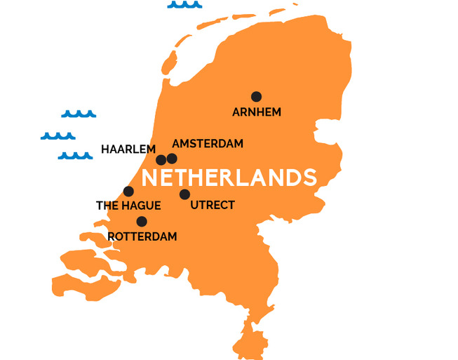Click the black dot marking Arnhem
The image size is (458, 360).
click(256, 97)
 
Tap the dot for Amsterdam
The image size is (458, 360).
click(172, 159)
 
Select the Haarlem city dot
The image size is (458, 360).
click(161, 160)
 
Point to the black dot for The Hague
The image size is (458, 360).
click(128, 192)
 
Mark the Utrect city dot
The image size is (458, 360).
click(184, 194)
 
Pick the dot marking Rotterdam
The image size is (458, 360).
click(142, 222)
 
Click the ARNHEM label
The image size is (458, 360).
click(256, 112)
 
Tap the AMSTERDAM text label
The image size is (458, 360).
click(208, 144)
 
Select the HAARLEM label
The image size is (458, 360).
click(128, 149)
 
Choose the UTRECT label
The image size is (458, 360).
click(213, 206)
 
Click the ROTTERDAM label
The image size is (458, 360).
click(143, 236)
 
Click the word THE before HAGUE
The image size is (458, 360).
click(107, 206)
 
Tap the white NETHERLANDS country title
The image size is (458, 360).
click(229, 178)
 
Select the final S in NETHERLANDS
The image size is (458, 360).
click(309, 178)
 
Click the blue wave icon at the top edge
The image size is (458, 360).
click(184, 5)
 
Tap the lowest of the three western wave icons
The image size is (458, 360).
click(76, 155)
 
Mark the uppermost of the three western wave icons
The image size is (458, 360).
click(79, 114)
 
